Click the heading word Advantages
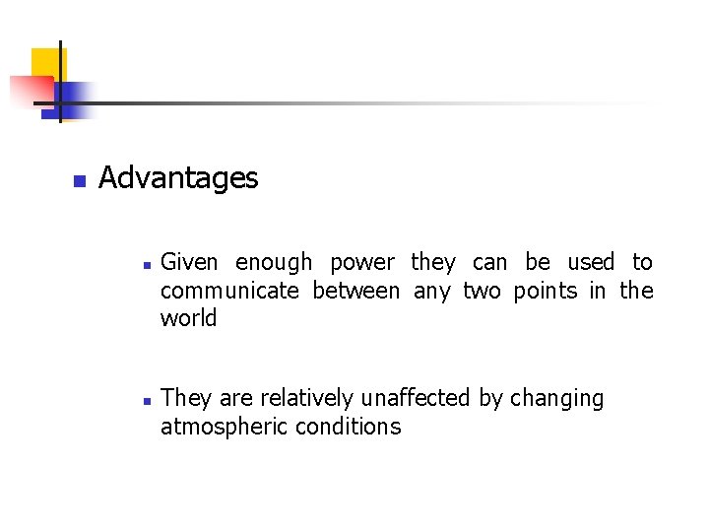(x=178, y=178)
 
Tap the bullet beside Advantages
(x=80, y=181)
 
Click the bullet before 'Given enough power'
(x=145, y=265)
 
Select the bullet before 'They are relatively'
(x=145, y=401)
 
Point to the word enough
(x=274, y=263)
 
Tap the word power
(x=361, y=263)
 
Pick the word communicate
(x=229, y=291)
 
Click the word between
(x=355, y=291)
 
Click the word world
(x=188, y=318)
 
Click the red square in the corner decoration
(x=28, y=91)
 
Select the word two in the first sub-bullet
(x=482, y=291)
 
